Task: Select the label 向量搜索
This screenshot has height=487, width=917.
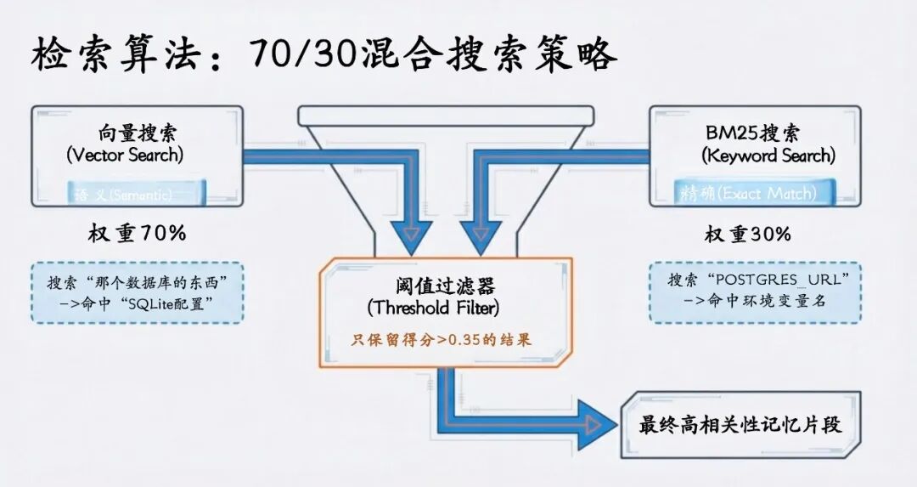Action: click(x=138, y=133)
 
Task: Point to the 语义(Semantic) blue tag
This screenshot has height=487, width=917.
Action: click(x=123, y=195)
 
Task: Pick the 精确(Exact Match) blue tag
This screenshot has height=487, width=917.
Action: click(x=748, y=194)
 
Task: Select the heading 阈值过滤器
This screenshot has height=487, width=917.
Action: click(x=433, y=284)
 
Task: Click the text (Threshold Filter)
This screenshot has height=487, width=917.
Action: click(x=433, y=306)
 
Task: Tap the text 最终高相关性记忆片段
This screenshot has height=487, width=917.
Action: click(x=740, y=424)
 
